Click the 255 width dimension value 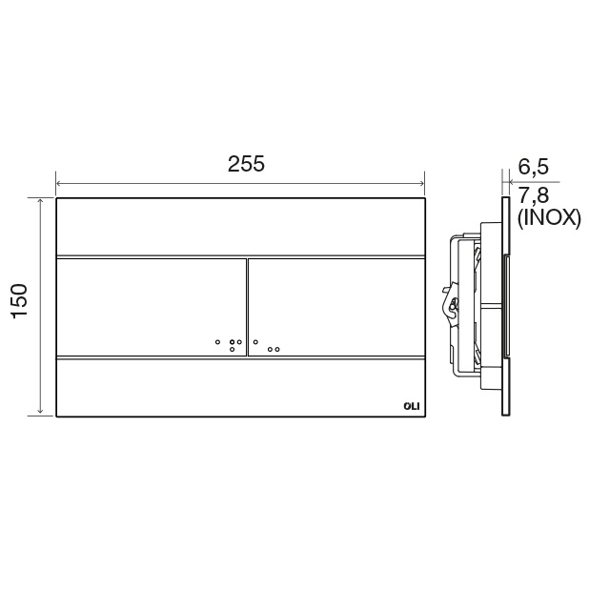246,164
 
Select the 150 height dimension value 19,301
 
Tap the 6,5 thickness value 534,167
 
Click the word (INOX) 549,218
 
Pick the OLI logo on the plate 412,406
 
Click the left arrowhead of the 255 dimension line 58,184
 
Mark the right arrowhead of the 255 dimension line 421,184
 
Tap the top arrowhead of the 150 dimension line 40,201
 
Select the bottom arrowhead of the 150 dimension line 40,412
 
